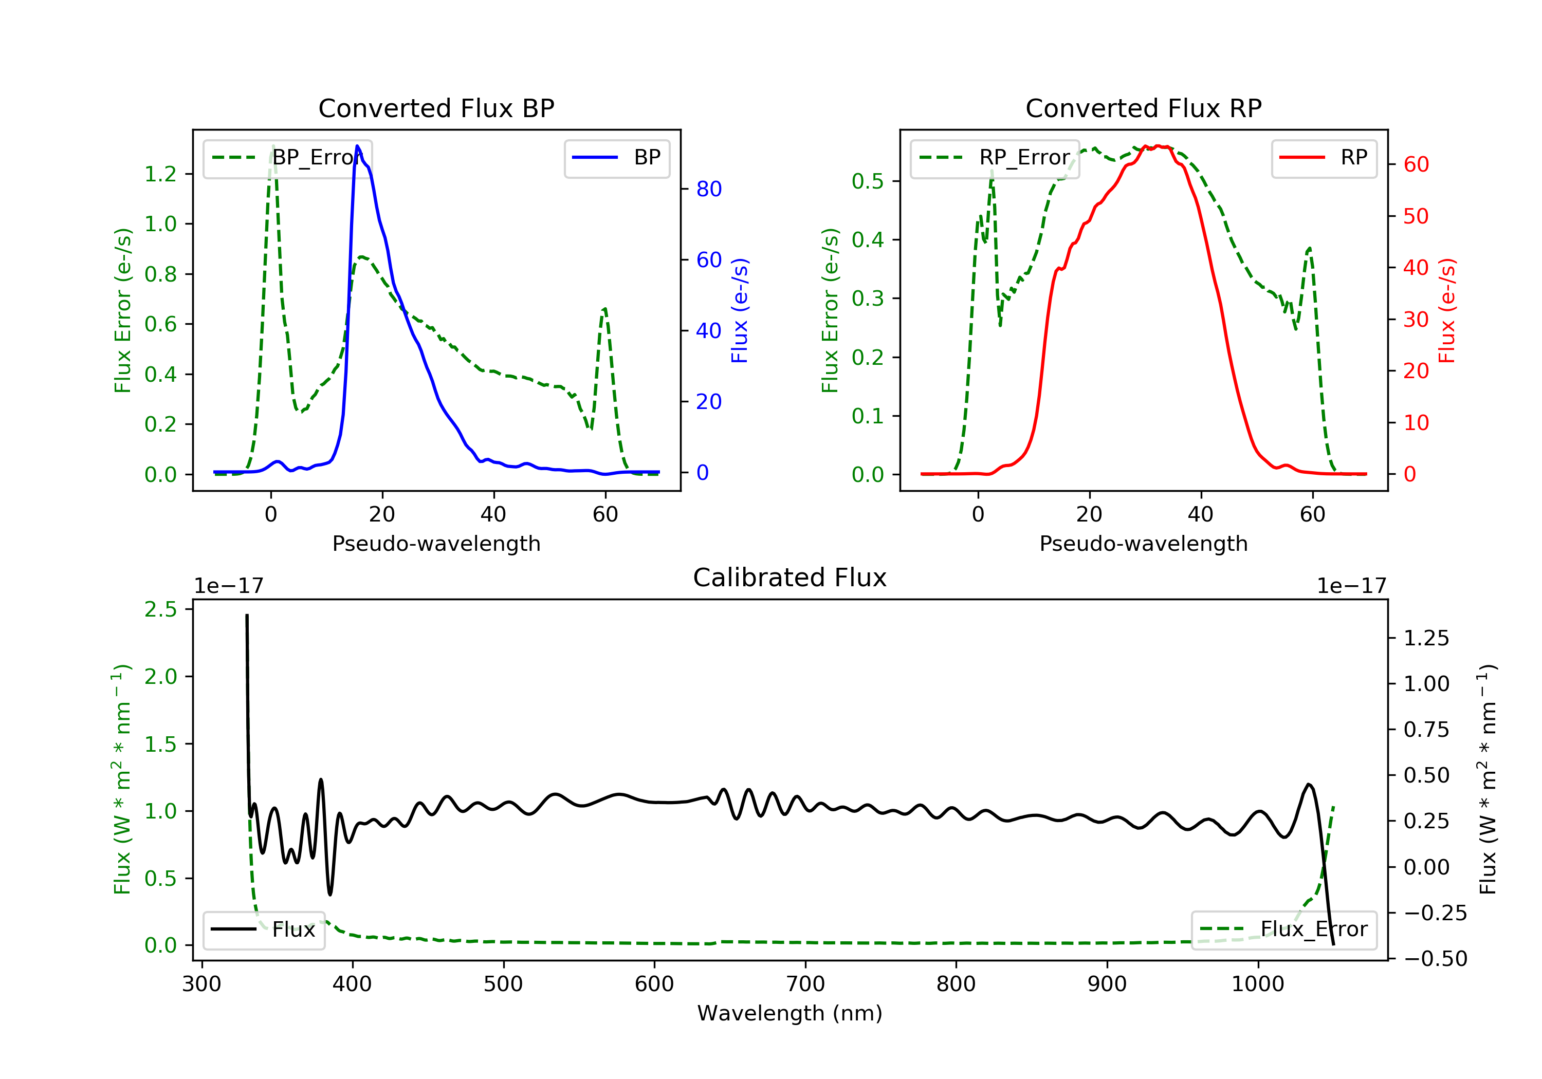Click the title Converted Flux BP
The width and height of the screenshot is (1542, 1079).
[436, 108]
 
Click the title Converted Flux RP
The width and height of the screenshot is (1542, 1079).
[1143, 108]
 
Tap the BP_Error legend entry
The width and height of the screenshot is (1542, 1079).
[287, 158]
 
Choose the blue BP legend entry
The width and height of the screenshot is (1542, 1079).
[616, 158]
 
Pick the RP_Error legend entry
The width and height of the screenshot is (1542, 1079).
[995, 158]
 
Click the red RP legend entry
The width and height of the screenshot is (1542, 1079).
[1324, 158]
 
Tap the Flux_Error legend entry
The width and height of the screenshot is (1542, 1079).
[1283, 930]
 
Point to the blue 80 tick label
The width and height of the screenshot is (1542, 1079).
[708, 190]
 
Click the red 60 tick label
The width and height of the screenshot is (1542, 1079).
[1416, 164]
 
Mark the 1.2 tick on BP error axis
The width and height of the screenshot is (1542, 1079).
[160, 175]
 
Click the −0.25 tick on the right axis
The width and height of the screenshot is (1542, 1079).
[1435, 913]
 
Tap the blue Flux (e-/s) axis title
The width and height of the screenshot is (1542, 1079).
[740, 310]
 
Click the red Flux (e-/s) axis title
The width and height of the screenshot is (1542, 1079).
[1446, 310]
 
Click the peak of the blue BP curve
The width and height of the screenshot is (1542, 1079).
[357, 146]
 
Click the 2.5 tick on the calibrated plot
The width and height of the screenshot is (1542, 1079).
[160, 610]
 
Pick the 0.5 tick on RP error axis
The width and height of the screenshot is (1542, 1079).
[868, 181]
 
